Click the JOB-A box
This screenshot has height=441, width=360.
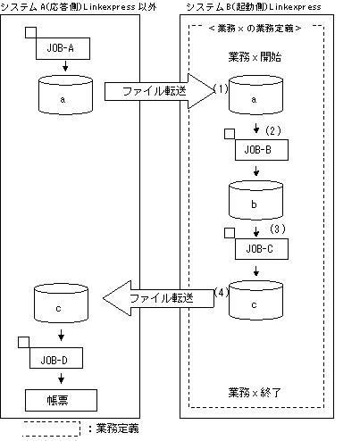[63, 48]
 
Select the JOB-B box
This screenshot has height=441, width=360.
[262, 150]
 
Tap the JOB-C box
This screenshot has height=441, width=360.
[262, 249]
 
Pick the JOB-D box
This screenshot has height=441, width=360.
[56, 358]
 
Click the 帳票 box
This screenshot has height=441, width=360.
[61, 400]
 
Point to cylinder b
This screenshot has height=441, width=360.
[255, 200]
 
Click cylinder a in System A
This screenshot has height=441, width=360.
[65, 95]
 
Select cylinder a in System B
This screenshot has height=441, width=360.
[255, 95]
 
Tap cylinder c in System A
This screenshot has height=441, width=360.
[61, 304]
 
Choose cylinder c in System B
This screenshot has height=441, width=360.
[255, 300]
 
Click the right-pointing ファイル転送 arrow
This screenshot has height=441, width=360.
[159, 91]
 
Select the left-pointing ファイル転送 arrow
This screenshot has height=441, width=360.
[158, 298]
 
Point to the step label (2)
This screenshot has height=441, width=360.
[273, 130]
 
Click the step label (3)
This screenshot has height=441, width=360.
[278, 229]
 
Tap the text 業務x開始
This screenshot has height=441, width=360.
[255, 57]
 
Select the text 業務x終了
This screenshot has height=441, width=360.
[255, 393]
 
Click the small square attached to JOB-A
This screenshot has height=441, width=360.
[30, 32]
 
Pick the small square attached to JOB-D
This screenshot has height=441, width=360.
[24, 342]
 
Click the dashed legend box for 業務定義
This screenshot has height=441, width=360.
[51, 429]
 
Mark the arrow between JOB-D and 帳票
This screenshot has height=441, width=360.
[61, 379]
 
